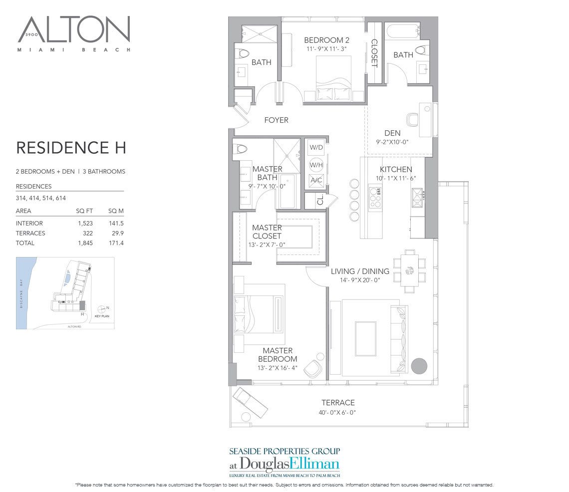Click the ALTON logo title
pos(75,31)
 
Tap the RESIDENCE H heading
pos(71,148)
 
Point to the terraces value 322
pos(87,233)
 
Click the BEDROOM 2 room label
pos(326,40)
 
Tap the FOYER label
pos(277,120)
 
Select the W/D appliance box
pos(315,148)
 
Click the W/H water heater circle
pos(315,165)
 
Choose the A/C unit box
pos(315,180)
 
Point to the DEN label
pos(392,133)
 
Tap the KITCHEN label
pos(396,170)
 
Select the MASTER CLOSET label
pos(267,232)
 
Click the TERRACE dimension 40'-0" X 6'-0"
pos(338,413)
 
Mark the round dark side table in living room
pos(419,366)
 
